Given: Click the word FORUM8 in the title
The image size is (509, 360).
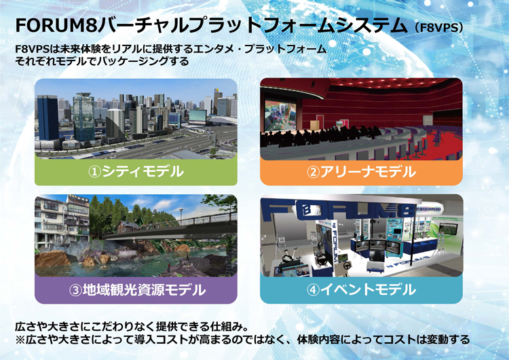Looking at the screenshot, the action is click(x=56, y=25).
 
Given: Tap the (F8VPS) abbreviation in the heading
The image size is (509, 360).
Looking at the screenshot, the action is click(x=438, y=27).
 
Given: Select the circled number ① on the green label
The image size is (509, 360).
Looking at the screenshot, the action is click(x=95, y=172).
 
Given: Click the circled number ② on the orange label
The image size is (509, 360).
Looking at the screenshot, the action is click(x=314, y=172).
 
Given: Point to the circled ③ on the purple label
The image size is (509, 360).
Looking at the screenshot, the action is click(x=75, y=290).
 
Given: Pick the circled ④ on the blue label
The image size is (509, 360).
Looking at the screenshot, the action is click(x=314, y=290).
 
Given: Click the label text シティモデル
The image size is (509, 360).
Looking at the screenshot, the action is click(x=143, y=172).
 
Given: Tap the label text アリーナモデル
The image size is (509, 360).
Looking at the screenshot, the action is click(x=368, y=172).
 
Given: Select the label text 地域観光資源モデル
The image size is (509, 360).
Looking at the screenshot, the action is click(x=144, y=290).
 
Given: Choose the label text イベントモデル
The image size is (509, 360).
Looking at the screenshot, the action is click(x=368, y=290).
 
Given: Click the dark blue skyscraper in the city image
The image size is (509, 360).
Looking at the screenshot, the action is click(x=48, y=118).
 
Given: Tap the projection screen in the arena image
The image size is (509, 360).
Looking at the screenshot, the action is click(x=280, y=115).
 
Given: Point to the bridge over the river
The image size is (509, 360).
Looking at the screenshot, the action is click(x=169, y=230).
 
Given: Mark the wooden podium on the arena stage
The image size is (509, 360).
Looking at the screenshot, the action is click(x=314, y=125).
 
